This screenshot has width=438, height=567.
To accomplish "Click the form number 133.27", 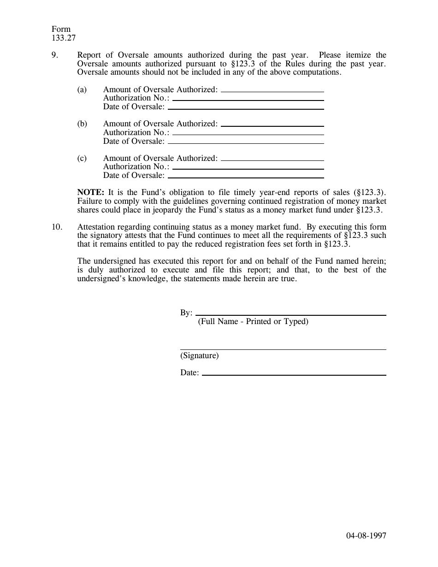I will [x=64, y=38].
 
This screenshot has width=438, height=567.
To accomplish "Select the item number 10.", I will [x=57, y=227].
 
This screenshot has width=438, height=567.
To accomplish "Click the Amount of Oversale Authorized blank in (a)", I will [x=272, y=91].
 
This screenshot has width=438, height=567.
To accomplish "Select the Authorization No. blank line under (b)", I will [x=248, y=134].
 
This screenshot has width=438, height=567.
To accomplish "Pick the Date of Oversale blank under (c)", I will [x=246, y=177].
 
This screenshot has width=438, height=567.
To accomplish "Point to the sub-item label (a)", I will [x=82, y=89].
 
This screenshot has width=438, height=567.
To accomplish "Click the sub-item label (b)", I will [x=82, y=124].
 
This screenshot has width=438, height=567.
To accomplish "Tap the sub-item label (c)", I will [x=82, y=158].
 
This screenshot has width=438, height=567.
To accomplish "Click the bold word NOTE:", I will [x=91, y=192].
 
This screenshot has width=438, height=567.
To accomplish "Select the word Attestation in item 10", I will [x=96, y=227].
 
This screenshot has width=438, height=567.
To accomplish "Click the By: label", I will [x=186, y=313].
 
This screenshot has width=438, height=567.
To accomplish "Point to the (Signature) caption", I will [x=200, y=355].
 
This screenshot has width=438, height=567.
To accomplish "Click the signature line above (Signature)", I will [x=283, y=349].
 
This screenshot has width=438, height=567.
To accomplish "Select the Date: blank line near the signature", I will [x=294, y=374].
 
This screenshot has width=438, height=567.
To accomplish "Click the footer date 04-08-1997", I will [x=366, y=535].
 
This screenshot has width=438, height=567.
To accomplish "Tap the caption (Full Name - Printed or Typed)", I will [x=253, y=321].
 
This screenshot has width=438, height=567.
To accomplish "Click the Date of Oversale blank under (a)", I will [x=246, y=108].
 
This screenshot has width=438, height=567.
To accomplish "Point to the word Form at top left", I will [x=61, y=30].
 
